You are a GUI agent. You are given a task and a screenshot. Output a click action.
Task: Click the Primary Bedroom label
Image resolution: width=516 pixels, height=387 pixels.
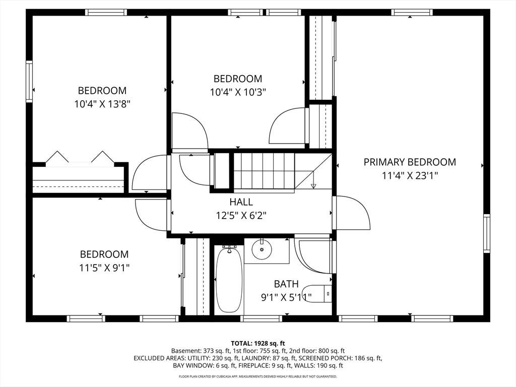[x=410, y=162]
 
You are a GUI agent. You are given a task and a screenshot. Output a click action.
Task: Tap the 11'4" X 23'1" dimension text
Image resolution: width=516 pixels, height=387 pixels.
[x=410, y=176]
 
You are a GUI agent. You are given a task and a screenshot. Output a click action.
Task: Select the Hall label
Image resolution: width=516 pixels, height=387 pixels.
[x=241, y=202]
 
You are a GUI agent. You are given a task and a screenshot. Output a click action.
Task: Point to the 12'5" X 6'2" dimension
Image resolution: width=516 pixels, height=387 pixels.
[x=241, y=216]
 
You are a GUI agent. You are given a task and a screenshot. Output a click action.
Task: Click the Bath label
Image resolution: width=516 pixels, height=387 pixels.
[x=286, y=284]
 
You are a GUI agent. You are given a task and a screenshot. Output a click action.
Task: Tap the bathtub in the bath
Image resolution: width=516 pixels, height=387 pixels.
[x=229, y=280]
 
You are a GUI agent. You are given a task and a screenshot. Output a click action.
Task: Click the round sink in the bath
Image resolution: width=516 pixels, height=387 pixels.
[x=262, y=249]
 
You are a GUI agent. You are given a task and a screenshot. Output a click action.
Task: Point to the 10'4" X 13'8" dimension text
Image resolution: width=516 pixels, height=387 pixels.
[x=102, y=104]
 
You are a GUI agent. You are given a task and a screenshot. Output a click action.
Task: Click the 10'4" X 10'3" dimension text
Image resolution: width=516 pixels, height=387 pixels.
[x=238, y=92]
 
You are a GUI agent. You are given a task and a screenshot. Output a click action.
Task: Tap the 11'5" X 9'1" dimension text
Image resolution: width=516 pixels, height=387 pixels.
[x=104, y=268]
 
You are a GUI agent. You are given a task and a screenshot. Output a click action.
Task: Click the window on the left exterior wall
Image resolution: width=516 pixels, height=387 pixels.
[x=29, y=81]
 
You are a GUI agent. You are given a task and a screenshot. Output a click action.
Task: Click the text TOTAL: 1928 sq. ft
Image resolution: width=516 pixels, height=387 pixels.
[x=258, y=344]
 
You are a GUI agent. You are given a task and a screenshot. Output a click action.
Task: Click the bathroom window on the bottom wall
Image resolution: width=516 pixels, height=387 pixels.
[x=262, y=318]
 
